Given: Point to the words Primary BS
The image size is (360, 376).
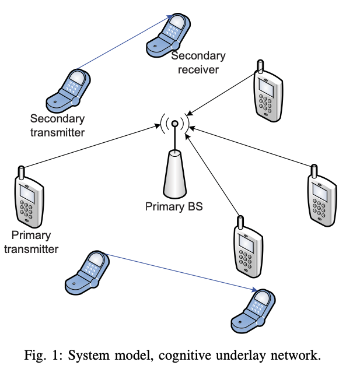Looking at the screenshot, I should [x=174, y=206].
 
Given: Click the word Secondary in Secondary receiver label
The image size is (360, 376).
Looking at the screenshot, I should [x=198, y=56].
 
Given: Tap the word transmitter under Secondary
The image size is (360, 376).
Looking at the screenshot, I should [x=57, y=132].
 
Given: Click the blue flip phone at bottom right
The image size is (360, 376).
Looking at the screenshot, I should [x=254, y=311].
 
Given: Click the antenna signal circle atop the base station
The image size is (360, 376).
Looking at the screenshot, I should [x=174, y=124].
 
